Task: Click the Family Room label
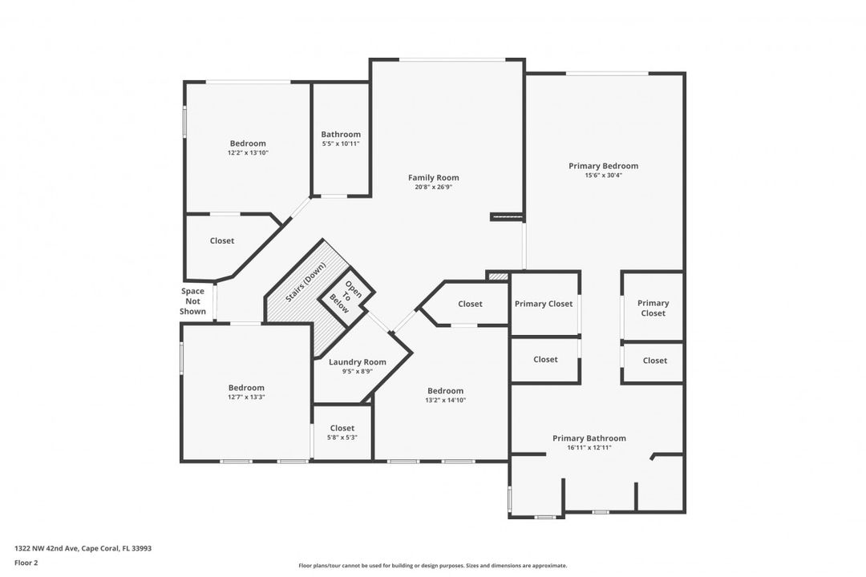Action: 434,178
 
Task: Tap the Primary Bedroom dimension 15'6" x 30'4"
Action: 603,176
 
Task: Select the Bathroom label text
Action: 341,134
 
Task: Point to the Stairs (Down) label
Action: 306,282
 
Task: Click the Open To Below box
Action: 346,298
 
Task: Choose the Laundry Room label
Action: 358,362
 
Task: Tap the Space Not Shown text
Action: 192,301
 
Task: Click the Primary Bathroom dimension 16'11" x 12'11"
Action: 589,448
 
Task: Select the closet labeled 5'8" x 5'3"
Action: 342,433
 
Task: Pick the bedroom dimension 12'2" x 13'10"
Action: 248,153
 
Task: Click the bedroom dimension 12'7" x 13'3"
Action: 246,397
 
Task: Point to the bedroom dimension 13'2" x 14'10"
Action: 445,401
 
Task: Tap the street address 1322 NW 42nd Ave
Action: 47,548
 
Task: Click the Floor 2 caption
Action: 26,563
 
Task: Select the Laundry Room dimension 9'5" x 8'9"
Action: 358,372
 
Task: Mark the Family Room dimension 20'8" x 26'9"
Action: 434,188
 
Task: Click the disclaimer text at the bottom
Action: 432,566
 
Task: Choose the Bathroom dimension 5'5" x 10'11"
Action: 341,143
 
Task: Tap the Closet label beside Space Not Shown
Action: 222,240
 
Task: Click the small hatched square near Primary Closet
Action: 498,276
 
